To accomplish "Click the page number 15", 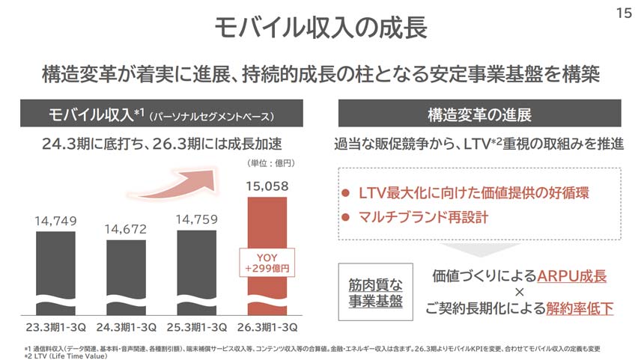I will tap(623, 13).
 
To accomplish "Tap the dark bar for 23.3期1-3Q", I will tap(56, 269).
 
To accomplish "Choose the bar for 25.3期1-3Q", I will tap(198, 269).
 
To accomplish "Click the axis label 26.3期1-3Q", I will tap(268, 327).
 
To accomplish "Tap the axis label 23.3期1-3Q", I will tap(56, 327).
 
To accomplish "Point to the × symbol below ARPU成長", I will tap(519, 291).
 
